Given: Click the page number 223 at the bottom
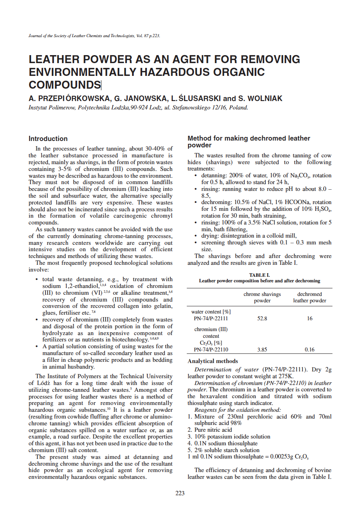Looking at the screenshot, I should [x=180, y=493].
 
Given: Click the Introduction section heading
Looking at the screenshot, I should [x=48, y=139].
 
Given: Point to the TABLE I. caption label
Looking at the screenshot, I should [x=259, y=275].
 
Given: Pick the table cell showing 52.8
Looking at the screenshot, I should [x=262, y=319].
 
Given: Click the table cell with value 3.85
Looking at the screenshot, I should [x=262, y=349].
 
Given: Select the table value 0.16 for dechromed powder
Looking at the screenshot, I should [x=309, y=349].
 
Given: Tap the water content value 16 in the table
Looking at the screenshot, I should [x=309, y=319].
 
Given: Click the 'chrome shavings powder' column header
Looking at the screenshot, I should [x=262, y=298].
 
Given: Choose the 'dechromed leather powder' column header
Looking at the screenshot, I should [x=309, y=298].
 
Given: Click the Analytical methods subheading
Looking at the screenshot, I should [x=213, y=361].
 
